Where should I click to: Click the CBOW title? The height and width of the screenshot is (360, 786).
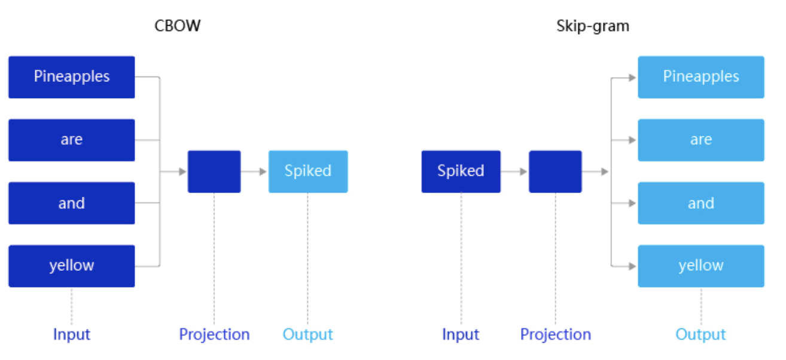178,26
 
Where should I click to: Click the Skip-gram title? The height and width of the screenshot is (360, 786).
593,26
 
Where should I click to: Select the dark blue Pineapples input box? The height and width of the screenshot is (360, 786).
72,77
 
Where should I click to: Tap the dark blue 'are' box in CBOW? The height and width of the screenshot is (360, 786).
72,140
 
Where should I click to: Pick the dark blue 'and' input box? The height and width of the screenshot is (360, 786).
72,203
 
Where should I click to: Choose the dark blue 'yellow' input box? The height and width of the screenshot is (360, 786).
72,266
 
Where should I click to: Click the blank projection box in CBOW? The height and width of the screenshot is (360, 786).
214,172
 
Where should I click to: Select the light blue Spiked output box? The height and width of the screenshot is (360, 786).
308,172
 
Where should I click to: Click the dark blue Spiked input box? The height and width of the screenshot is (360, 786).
461,172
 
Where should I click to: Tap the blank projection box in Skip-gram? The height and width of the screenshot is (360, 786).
556,172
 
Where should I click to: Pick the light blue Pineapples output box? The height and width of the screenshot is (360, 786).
701,77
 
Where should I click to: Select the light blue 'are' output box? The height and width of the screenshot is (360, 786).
701,140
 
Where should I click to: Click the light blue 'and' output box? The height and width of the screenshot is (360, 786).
701,203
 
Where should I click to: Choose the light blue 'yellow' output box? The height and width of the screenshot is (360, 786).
701,266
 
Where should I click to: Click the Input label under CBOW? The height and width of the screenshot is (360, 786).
72,334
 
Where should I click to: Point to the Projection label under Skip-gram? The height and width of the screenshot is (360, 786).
556,334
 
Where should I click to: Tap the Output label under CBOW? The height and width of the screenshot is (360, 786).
307,334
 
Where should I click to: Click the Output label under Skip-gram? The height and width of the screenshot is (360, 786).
700,334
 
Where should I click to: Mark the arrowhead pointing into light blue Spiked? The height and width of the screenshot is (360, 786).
263,172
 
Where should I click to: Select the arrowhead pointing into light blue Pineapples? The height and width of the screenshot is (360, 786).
632,78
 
